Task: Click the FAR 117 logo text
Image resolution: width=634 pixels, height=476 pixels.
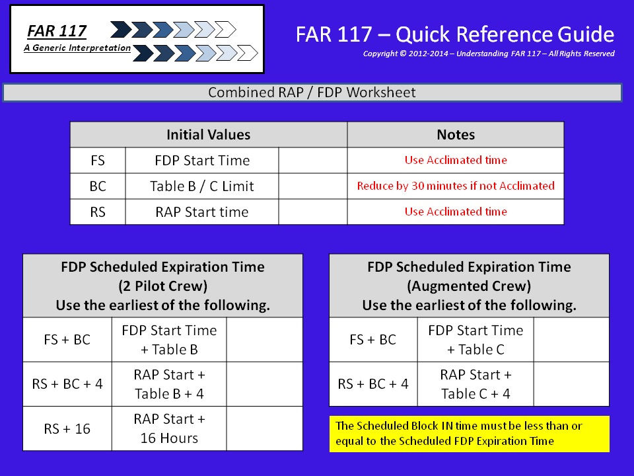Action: pyautogui.click(x=57, y=31)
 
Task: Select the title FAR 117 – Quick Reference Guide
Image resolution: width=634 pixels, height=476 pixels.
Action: pyautogui.click(x=455, y=34)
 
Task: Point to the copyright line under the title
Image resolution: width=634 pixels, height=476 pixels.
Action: pyautogui.click(x=489, y=54)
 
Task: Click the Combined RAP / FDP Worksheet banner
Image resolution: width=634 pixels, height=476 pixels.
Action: pyautogui.click(x=312, y=93)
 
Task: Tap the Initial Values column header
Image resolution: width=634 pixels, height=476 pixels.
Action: pyautogui.click(x=209, y=134)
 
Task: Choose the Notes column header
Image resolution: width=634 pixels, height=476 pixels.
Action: pyautogui.click(x=456, y=134)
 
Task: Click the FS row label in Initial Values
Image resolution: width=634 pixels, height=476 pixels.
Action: pyautogui.click(x=98, y=160)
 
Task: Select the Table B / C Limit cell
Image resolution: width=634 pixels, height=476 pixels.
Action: pyautogui.click(x=202, y=186)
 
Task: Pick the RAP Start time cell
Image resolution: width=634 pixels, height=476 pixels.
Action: pyautogui.click(x=202, y=212)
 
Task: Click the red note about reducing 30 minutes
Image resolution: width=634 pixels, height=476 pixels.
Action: pyautogui.click(x=456, y=186)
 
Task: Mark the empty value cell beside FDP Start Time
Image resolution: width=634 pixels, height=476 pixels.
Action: pyautogui.click(x=312, y=160)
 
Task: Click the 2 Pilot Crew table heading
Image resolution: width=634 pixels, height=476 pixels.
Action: pyautogui.click(x=162, y=286)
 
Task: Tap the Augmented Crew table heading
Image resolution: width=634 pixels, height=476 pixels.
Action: pyautogui.click(x=469, y=286)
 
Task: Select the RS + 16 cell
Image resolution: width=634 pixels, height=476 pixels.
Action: pyautogui.click(x=67, y=428)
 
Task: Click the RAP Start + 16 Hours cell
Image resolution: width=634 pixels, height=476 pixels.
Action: pyautogui.click(x=170, y=428)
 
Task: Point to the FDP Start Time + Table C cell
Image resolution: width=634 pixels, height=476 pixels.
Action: pyautogui.click(x=475, y=340)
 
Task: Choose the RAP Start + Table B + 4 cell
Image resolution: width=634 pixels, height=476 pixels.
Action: pyautogui.click(x=170, y=384)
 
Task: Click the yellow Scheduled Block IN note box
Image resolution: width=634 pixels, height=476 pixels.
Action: pyautogui.click(x=470, y=434)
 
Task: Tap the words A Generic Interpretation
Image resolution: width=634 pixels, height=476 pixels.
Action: pyautogui.click(x=77, y=48)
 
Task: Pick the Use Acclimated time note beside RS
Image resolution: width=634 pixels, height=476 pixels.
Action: pyautogui.click(x=456, y=212)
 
